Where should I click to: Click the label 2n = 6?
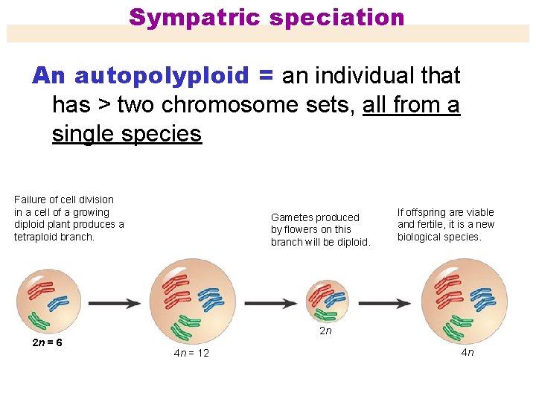point(47,342)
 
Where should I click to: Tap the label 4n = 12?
point(191,353)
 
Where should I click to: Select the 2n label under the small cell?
point(325,331)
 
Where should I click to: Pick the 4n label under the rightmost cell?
point(467,352)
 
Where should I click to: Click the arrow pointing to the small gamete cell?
point(270,304)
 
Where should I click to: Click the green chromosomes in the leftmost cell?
point(38,322)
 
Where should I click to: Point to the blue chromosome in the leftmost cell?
point(57,302)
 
